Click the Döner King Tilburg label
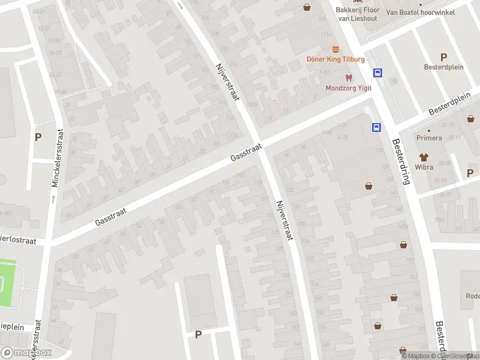[335, 59]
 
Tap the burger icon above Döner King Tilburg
[335, 50]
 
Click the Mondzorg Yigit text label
[349, 88]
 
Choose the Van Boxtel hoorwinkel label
[421, 12]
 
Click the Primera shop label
[429, 138]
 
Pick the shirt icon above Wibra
[424, 157]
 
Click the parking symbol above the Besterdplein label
[444, 58]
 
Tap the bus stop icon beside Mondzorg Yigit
[378, 73]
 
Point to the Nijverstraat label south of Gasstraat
[283, 220]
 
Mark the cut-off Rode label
[472, 296]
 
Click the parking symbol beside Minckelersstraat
[38, 137]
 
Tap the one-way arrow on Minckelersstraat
[53, 199]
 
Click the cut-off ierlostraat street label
[18, 241]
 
